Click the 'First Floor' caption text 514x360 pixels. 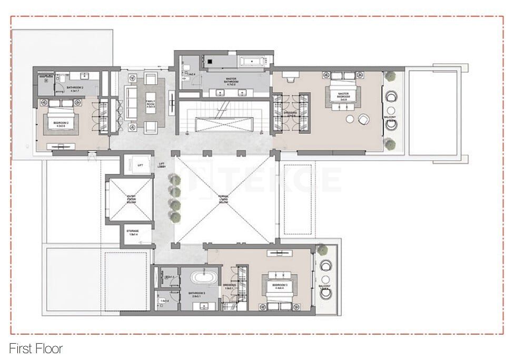[36, 348]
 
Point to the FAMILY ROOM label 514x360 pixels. [151, 104]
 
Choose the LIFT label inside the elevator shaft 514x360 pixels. [140, 166]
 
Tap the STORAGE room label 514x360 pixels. [133, 232]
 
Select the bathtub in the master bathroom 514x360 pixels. [254, 62]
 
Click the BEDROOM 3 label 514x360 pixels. [279, 286]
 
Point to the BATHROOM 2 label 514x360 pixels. [75, 89]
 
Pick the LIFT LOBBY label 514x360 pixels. [162, 165]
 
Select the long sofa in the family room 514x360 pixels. [131, 102]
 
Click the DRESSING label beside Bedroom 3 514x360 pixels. [229, 286]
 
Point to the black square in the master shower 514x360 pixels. [209, 62]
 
